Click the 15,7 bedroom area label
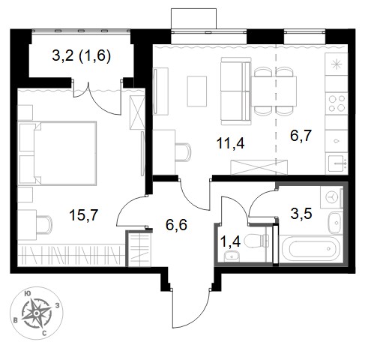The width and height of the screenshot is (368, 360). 84,214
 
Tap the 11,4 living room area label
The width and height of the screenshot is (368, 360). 230,143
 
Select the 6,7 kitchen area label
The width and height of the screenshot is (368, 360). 301,135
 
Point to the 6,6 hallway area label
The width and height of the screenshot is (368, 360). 176,225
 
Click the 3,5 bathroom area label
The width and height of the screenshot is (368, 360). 301,214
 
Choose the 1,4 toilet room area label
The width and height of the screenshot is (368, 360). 230,241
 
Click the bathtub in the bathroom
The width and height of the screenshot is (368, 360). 311,248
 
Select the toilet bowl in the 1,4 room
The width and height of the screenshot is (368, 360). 256,241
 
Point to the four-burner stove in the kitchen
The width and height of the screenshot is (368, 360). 337,103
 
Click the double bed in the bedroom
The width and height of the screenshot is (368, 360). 57,153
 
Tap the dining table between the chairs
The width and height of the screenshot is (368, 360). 274,91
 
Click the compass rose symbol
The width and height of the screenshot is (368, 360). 37,313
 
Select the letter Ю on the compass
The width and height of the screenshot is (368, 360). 27,294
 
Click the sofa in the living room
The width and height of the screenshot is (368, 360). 235,91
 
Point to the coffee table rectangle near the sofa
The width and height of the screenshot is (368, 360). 197,91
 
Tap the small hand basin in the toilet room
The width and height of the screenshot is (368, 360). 232,256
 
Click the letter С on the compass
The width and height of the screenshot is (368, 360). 44,333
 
